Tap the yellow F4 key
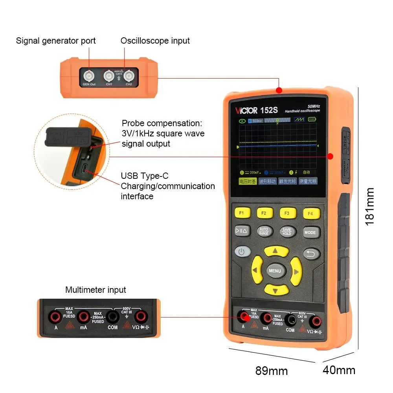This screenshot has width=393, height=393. point(310,213)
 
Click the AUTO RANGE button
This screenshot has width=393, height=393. point(264,231)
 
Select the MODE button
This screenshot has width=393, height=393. point(310,232)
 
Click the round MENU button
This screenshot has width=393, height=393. point(275,271)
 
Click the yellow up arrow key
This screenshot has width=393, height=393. point(276,250)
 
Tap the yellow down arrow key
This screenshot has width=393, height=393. point(276,291)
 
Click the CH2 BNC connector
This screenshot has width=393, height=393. point(129,75)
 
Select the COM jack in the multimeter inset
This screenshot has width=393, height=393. point(112,316)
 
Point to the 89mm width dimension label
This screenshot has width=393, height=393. point(272,371)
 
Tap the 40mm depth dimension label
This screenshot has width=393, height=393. point(339,370)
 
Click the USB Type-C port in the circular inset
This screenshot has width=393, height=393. point(84,170)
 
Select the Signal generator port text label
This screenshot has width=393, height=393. point(56,41)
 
